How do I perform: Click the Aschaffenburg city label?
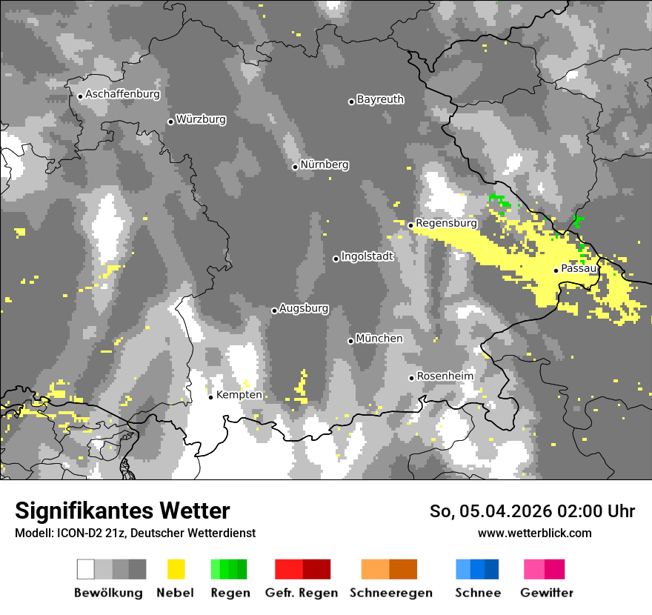(122, 94)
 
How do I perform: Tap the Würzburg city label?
(201, 119)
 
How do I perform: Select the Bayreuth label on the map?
(380, 99)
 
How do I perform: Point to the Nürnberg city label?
(325, 164)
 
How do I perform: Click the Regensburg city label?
(446, 223)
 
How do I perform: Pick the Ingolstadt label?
(367, 256)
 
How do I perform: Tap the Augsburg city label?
(304, 308)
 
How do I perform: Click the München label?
(379, 339)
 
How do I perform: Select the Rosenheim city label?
(445, 376)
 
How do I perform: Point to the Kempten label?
(239, 395)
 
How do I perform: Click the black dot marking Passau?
(556, 270)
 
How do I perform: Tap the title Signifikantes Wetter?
(122, 511)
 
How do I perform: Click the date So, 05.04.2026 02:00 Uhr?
(532, 511)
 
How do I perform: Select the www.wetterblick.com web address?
(534, 533)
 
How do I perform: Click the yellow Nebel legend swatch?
(176, 569)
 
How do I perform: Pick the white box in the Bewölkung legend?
(85, 569)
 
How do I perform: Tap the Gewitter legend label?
(547, 593)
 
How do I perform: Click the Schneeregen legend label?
(391, 593)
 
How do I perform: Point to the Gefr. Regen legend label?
(302, 593)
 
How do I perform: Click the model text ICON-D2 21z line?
(135, 533)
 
